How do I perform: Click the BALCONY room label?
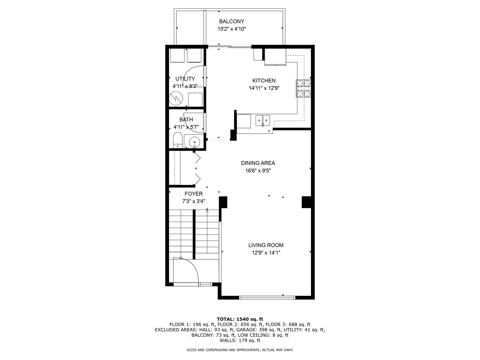tap(232, 21)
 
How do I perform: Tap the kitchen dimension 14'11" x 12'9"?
tap(264, 88)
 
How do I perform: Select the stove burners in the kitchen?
tap(303, 89)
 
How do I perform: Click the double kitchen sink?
tap(263, 120)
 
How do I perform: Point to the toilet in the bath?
tap(178, 140)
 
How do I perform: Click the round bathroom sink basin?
tap(194, 142)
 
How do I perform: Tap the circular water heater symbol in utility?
tap(176, 99)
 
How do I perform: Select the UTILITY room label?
tap(185, 79)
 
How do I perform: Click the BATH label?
tap(186, 120)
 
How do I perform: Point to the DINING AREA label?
tap(258, 163)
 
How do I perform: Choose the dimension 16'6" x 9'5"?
tap(258, 170)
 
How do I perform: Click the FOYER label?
tap(194, 194)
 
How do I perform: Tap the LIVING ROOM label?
tap(266, 245)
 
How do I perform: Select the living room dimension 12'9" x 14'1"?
tap(266, 253)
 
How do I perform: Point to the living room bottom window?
tap(267, 297)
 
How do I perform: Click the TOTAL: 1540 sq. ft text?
tap(240, 319)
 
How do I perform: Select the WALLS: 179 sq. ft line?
tap(240, 340)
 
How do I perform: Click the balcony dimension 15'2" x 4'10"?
tap(232, 29)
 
